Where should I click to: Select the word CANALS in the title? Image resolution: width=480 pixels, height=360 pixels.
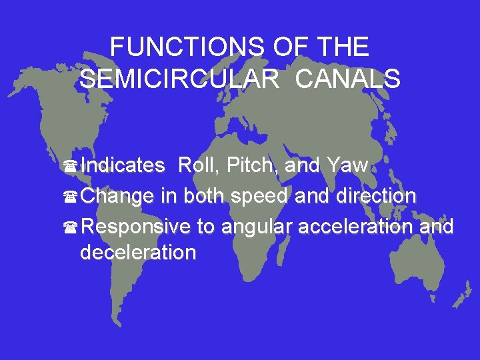[347, 79]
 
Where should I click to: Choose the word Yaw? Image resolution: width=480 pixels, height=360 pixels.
[347, 165]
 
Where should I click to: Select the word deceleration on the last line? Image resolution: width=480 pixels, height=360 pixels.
[138, 253]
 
